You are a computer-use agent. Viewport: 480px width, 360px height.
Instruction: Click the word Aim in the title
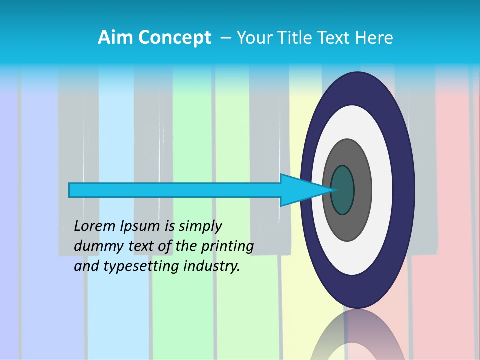(x=115, y=38)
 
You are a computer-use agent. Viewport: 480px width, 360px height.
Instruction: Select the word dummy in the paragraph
(x=95, y=246)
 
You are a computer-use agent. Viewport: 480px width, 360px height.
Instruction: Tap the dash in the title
(x=226, y=38)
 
